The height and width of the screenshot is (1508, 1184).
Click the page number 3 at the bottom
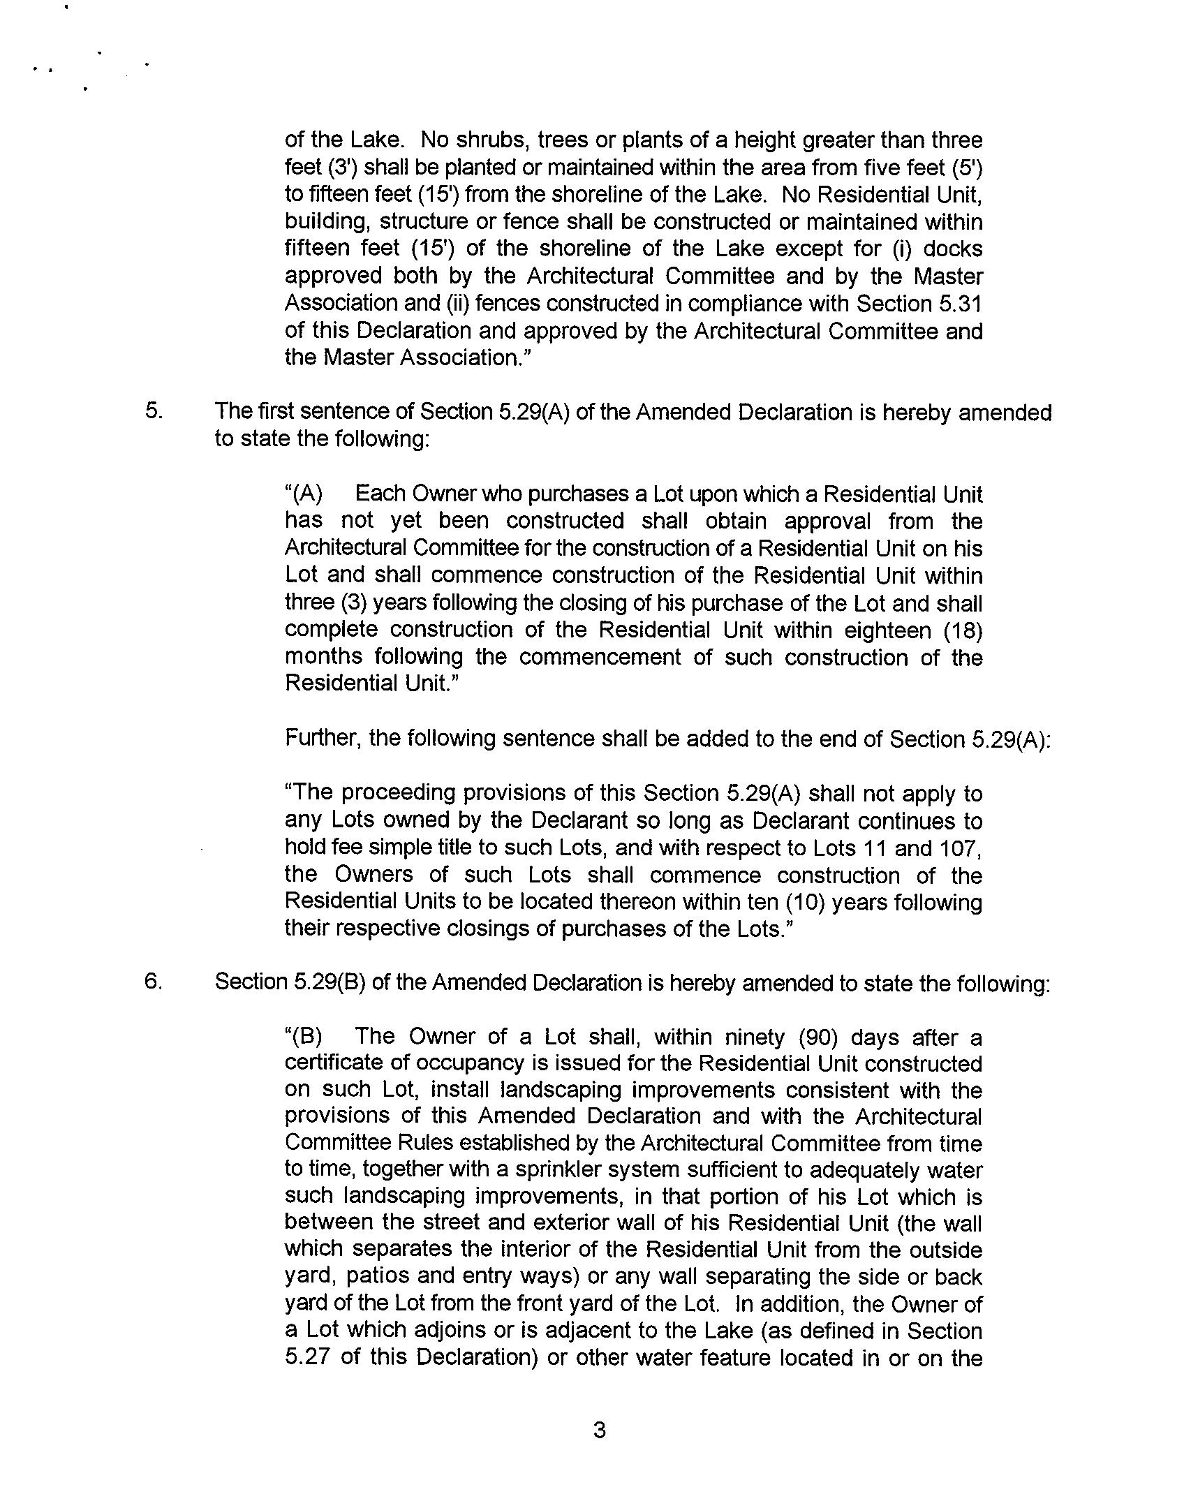pos(599,1431)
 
